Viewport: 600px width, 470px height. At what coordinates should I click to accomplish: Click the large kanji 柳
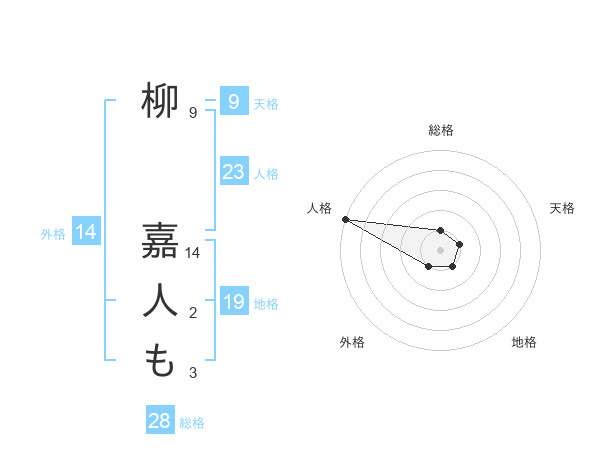click(160, 101)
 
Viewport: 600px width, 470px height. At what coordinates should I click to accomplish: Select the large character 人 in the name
click(160, 301)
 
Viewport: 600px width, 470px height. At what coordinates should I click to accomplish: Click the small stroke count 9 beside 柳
click(192, 113)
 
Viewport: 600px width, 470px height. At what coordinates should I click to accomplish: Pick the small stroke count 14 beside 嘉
click(193, 254)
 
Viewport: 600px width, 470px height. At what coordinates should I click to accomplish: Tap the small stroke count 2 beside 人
click(192, 314)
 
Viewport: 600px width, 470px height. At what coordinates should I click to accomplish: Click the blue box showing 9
click(233, 101)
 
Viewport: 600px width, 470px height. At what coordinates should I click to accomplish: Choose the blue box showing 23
click(233, 172)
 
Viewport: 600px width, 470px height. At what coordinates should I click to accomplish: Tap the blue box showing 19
click(233, 302)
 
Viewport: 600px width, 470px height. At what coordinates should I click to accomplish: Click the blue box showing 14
click(86, 233)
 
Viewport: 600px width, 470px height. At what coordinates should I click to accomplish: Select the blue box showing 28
click(160, 421)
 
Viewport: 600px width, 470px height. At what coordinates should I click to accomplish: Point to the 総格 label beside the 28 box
click(192, 423)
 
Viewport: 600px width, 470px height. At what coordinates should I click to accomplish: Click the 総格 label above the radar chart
click(441, 130)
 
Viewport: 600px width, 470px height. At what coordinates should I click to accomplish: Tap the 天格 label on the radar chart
click(562, 208)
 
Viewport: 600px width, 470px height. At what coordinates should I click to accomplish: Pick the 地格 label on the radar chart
click(524, 342)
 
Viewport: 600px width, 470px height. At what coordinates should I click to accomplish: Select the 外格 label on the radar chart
click(352, 342)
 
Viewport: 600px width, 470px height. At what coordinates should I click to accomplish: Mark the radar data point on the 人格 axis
click(344, 219)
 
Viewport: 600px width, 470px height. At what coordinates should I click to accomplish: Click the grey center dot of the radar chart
click(440, 250)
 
